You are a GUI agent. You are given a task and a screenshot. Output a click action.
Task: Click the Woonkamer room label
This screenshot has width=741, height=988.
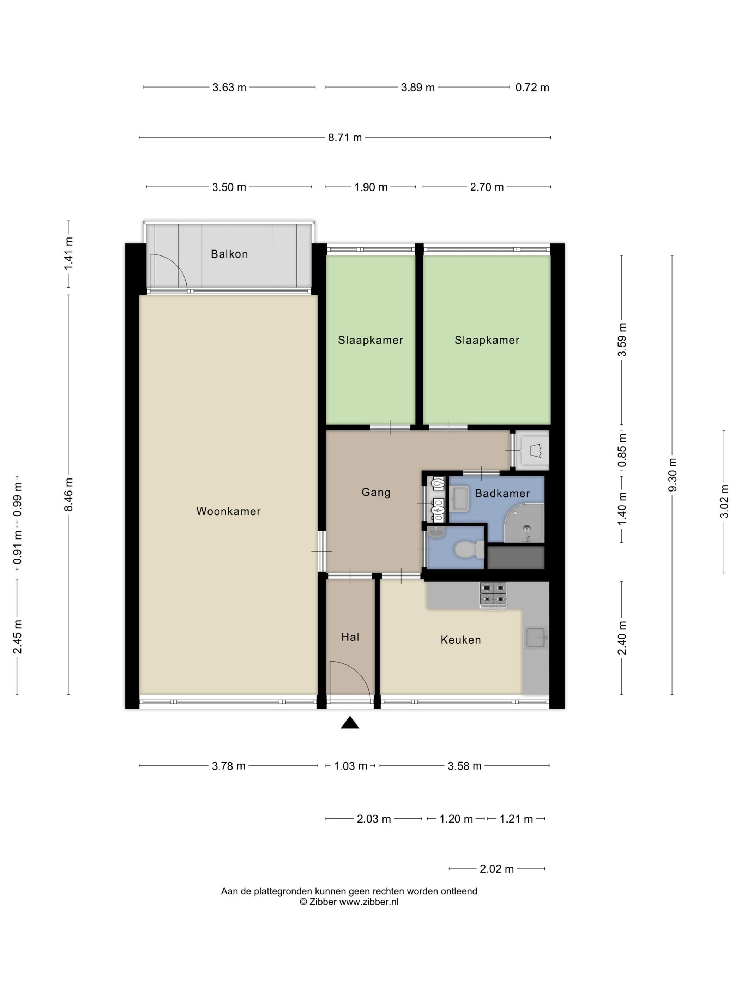[228, 511]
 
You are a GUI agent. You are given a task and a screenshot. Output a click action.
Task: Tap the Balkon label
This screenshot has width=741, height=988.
[229, 254]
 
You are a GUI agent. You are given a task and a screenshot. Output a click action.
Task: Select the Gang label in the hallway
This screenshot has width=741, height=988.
[376, 492]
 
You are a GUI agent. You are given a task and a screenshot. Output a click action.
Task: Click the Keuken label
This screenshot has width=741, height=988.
[460, 640]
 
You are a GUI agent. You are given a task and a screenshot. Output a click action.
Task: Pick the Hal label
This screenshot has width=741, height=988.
[350, 637]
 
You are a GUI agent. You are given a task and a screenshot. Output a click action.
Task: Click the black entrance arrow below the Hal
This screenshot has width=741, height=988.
[350, 722]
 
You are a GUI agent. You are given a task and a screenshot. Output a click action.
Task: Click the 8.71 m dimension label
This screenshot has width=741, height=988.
[345, 138]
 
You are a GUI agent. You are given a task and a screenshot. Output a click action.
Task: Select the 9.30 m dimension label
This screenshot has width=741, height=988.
[672, 475]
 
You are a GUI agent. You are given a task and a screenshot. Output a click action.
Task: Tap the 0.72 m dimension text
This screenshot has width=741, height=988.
[532, 88]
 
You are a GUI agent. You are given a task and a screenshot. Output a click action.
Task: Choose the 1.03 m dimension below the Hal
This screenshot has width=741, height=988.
[351, 766]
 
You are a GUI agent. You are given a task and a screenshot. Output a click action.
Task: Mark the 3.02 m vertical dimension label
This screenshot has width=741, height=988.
[724, 501]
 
